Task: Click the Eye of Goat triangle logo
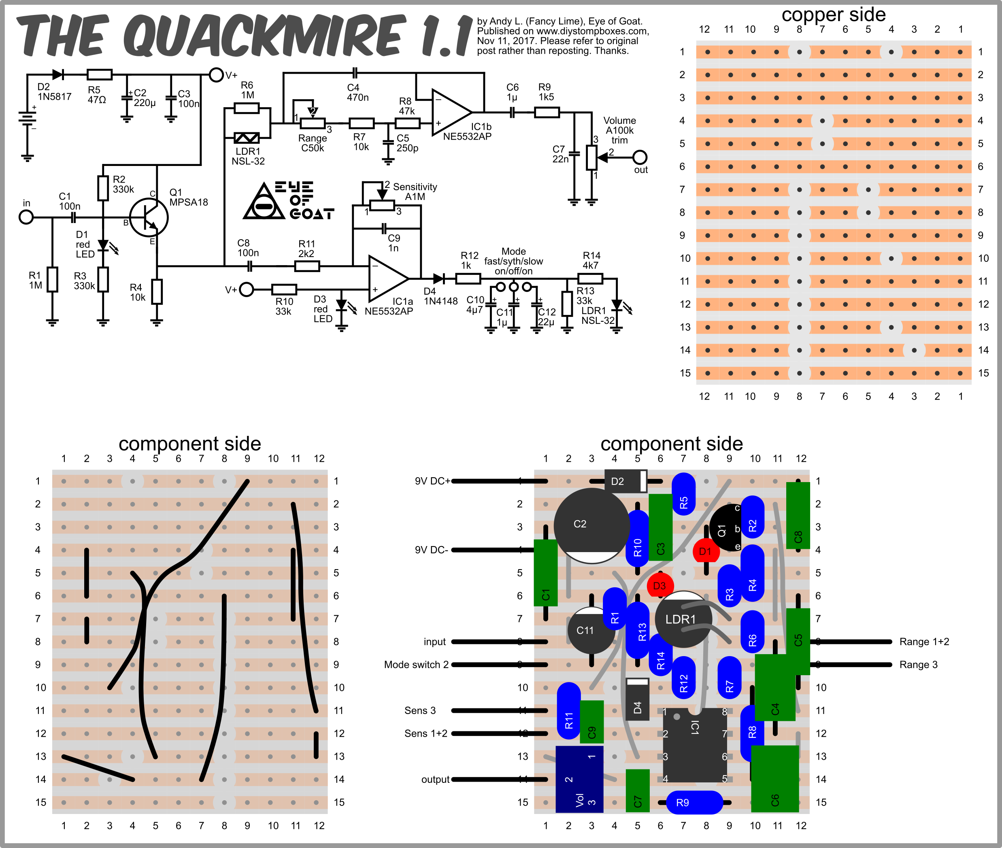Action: click(264, 202)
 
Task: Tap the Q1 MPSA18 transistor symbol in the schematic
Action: click(149, 217)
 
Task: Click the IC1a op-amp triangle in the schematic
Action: click(387, 278)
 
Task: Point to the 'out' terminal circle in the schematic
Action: click(640, 157)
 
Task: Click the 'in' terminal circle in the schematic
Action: click(26, 217)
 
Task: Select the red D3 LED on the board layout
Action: click(659, 586)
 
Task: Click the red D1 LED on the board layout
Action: click(705, 551)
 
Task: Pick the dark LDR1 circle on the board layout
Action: click(682, 619)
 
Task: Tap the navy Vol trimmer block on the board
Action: click(579, 779)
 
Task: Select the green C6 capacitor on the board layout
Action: click(774, 779)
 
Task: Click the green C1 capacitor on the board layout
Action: click(545, 572)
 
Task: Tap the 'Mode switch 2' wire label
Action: click(416, 664)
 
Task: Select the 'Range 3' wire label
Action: click(918, 664)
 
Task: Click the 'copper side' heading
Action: click(833, 15)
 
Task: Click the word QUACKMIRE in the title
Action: click(264, 36)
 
